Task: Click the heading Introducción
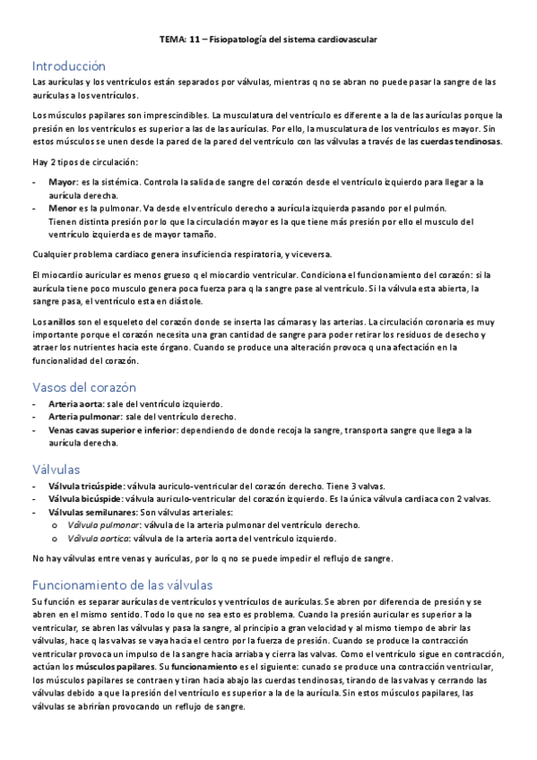pos(68,66)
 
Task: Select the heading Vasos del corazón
pos(83,387)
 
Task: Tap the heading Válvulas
pos(56,469)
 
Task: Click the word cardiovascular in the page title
pos(348,40)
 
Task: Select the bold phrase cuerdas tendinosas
pos(461,142)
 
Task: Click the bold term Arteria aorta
pos(75,404)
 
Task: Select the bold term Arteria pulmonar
pos(82,417)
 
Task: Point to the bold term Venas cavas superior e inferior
pos(112,430)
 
